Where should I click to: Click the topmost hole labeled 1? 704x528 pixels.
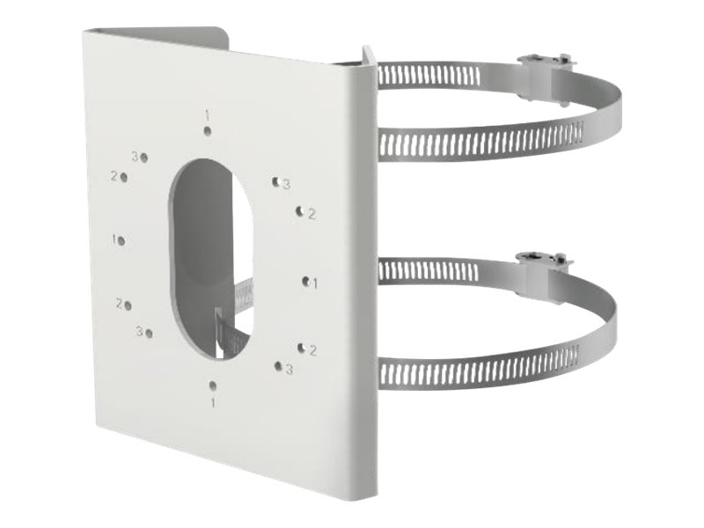tap(208, 132)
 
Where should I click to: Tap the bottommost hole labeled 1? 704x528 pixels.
tap(212, 385)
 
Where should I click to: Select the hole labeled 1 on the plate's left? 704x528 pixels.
tap(122, 240)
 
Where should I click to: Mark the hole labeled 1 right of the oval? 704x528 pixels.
tap(304, 282)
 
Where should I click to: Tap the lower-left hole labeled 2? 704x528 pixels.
tap(128, 305)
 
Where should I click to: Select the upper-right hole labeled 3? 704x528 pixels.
tap(275, 179)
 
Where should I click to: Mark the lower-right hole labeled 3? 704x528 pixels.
tap(278, 365)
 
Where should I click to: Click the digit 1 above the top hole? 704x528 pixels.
tap(207, 114)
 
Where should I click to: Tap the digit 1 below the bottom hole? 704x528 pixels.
tap(212, 402)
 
